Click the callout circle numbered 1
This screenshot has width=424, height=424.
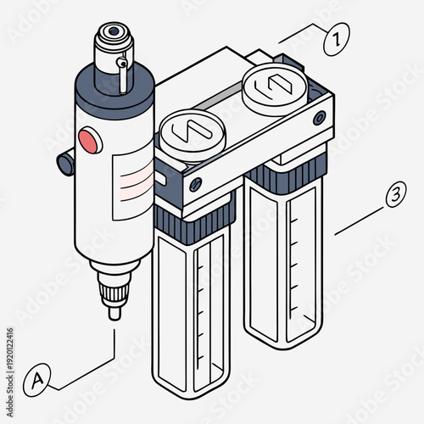[x=337, y=39]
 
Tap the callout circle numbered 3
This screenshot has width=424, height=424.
[x=393, y=196]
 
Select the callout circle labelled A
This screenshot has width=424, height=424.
[x=37, y=379]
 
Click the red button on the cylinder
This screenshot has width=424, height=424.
[x=87, y=139]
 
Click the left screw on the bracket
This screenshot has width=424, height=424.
[x=196, y=184]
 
